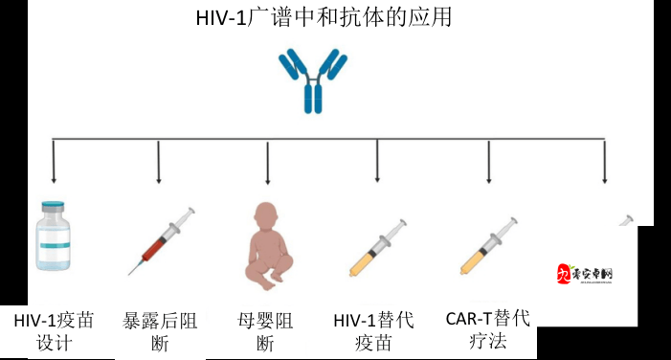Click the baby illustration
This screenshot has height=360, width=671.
268,244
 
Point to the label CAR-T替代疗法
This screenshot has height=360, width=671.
488,328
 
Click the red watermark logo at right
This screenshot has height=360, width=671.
585,274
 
